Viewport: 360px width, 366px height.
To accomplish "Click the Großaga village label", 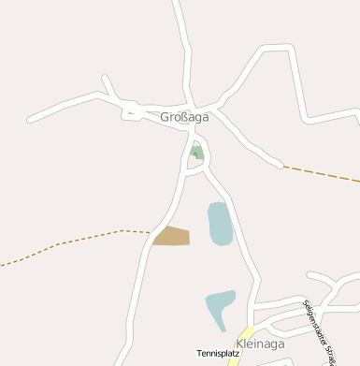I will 184,117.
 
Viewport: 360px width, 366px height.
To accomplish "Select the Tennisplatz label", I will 218,353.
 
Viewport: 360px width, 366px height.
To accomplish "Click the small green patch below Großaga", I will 196,151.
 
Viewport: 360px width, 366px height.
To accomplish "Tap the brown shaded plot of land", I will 173,236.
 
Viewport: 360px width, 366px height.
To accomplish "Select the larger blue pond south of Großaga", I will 220,223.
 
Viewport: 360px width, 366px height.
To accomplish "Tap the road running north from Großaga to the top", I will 182,47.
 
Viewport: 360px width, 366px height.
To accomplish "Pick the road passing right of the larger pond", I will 241,234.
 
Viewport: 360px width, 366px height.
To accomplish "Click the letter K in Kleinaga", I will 241,344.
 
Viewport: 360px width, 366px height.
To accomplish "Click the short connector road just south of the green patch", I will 194,170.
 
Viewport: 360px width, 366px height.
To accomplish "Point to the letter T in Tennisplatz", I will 198,353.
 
